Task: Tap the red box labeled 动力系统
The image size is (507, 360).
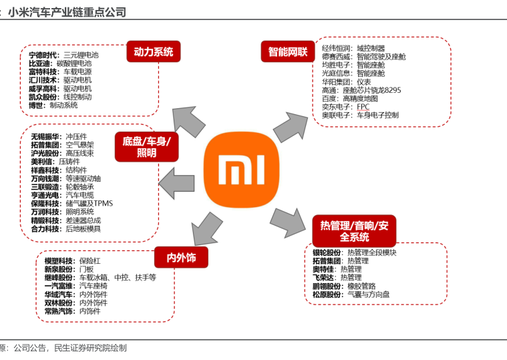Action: coord(153,51)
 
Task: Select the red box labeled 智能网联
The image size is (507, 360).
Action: coord(288,51)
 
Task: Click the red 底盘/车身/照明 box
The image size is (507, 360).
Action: coord(146,147)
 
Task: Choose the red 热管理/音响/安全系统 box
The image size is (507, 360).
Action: coord(354,230)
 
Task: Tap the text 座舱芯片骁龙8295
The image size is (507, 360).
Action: coord(371,90)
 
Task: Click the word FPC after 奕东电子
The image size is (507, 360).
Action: coord(363,107)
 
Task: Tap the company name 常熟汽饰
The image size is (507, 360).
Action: coord(59,311)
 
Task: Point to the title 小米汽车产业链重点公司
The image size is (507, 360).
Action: coord(67,13)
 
